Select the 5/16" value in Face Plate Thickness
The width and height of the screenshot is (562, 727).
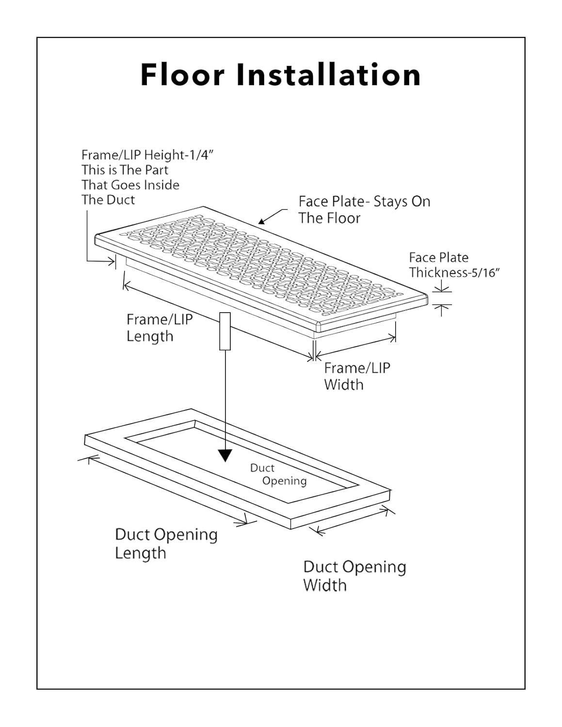tap(484, 273)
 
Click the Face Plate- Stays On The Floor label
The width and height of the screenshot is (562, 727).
tap(364, 209)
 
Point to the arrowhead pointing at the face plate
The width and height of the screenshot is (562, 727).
tap(262, 221)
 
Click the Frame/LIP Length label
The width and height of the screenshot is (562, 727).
tap(159, 328)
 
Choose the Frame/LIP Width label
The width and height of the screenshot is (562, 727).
tap(357, 376)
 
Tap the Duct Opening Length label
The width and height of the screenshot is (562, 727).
tap(166, 543)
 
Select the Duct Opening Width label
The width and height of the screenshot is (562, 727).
tap(354, 576)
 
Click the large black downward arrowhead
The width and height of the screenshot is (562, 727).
tap(225, 455)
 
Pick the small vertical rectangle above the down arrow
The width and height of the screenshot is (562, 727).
tap(225, 331)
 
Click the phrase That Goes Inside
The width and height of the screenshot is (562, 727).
tap(130, 185)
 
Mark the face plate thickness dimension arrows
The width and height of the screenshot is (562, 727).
tap(441, 298)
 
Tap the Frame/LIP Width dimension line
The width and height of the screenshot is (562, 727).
tap(355, 348)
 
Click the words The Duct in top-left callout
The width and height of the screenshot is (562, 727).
tap(108, 200)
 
